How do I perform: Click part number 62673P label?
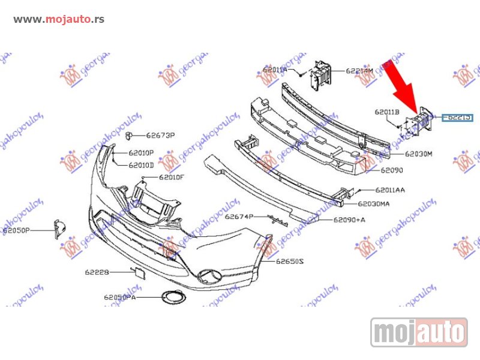(x=160, y=136)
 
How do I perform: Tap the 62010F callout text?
(x=172, y=177)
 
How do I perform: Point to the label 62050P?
(x=16, y=230)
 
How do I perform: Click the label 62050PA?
(x=119, y=297)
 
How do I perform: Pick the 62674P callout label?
(x=239, y=217)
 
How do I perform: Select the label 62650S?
(x=290, y=262)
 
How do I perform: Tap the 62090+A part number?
(x=350, y=220)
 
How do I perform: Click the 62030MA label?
(x=373, y=204)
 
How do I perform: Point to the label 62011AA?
(x=390, y=190)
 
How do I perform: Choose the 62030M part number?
(x=418, y=154)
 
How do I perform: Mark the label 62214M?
(x=359, y=71)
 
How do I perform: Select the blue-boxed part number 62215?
(x=458, y=117)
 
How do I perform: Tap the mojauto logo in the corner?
(x=419, y=332)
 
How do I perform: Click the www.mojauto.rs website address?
(x=59, y=19)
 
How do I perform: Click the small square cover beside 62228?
(x=140, y=274)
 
